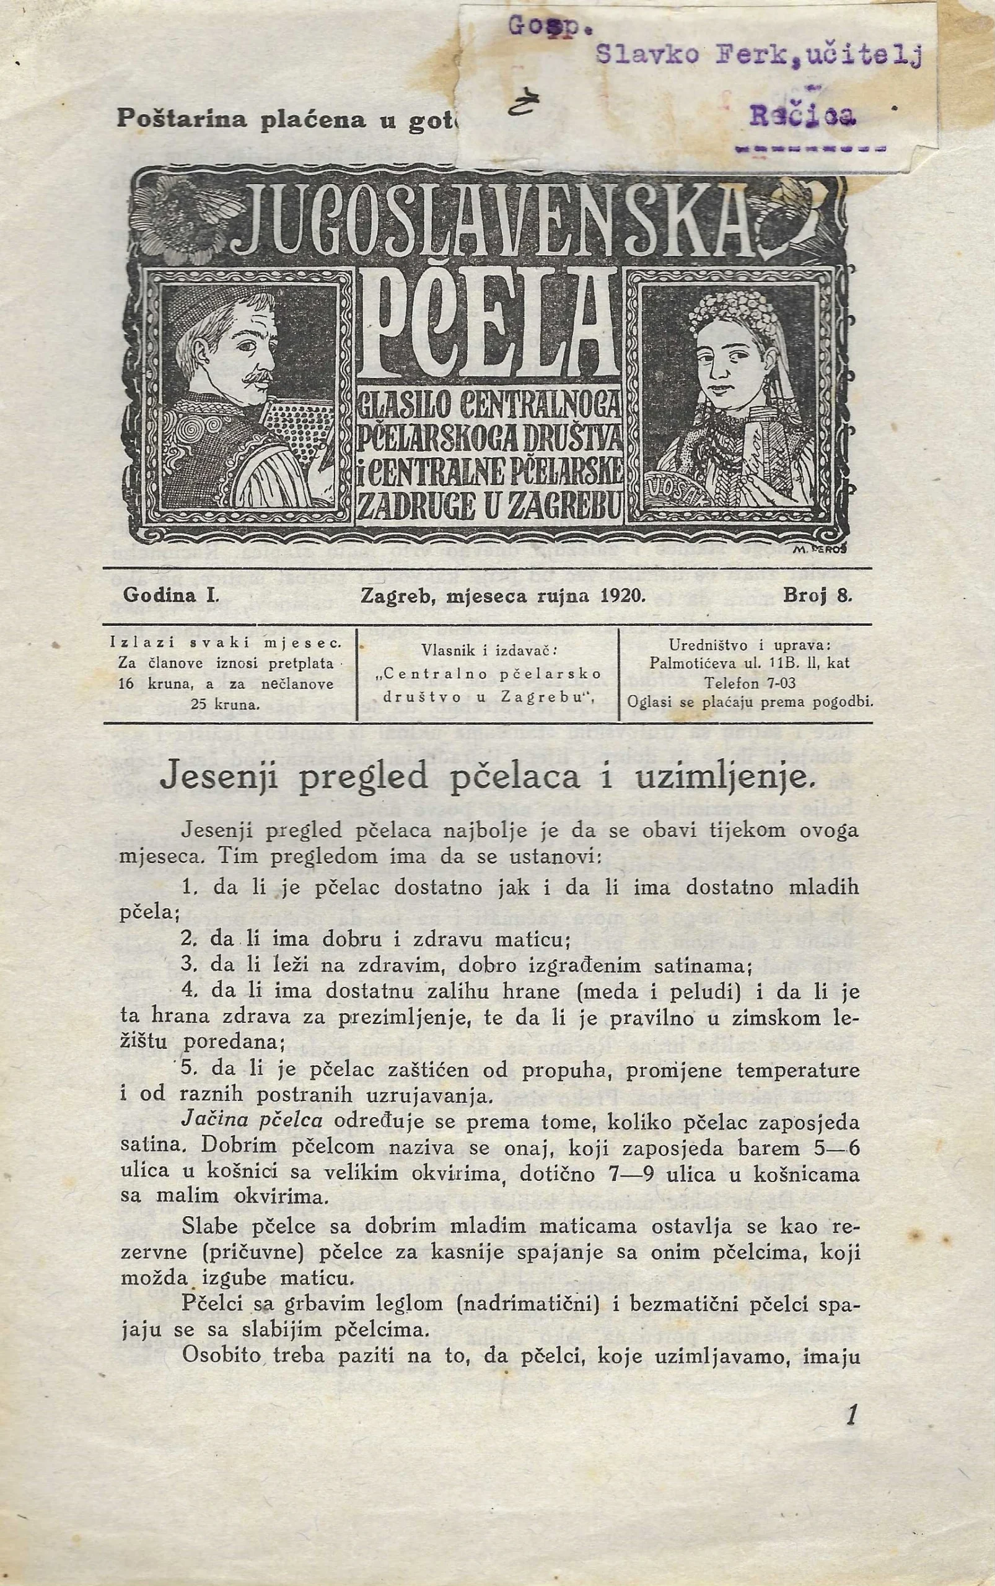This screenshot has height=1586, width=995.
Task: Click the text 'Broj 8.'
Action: (x=817, y=596)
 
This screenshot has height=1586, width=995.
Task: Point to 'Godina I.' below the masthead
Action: (x=170, y=596)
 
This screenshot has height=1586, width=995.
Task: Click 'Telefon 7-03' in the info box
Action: (x=750, y=683)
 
